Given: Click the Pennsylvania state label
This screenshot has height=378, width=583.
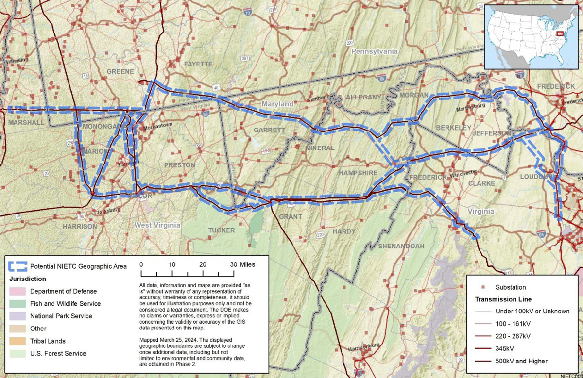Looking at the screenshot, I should [x=374, y=51].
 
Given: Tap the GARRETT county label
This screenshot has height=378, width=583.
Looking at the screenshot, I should [x=269, y=130].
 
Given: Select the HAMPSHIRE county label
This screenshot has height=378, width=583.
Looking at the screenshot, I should [x=358, y=173].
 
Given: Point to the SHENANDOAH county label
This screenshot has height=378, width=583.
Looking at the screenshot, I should [x=401, y=246].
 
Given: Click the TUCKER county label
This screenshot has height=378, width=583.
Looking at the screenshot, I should [x=222, y=230].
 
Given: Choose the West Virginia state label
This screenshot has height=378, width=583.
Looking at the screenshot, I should [x=157, y=225].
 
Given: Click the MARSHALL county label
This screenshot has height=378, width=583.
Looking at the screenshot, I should [x=26, y=123].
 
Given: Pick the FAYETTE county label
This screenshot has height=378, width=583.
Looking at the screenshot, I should [x=198, y=64].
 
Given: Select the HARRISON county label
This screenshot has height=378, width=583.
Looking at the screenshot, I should [x=80, y=226].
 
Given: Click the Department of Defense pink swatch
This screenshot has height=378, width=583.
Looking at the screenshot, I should [x=18, y=291].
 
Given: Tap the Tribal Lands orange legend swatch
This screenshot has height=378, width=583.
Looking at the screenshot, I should [x=18, y=341].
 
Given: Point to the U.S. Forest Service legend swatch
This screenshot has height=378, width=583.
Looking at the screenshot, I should [x=18, y=354].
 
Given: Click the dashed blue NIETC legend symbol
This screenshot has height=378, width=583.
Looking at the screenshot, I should [x=18, y=266].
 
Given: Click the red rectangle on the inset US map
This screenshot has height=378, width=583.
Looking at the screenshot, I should [x=560, y=33].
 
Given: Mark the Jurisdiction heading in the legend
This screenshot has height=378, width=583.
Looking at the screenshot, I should [x=28, y=279].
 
